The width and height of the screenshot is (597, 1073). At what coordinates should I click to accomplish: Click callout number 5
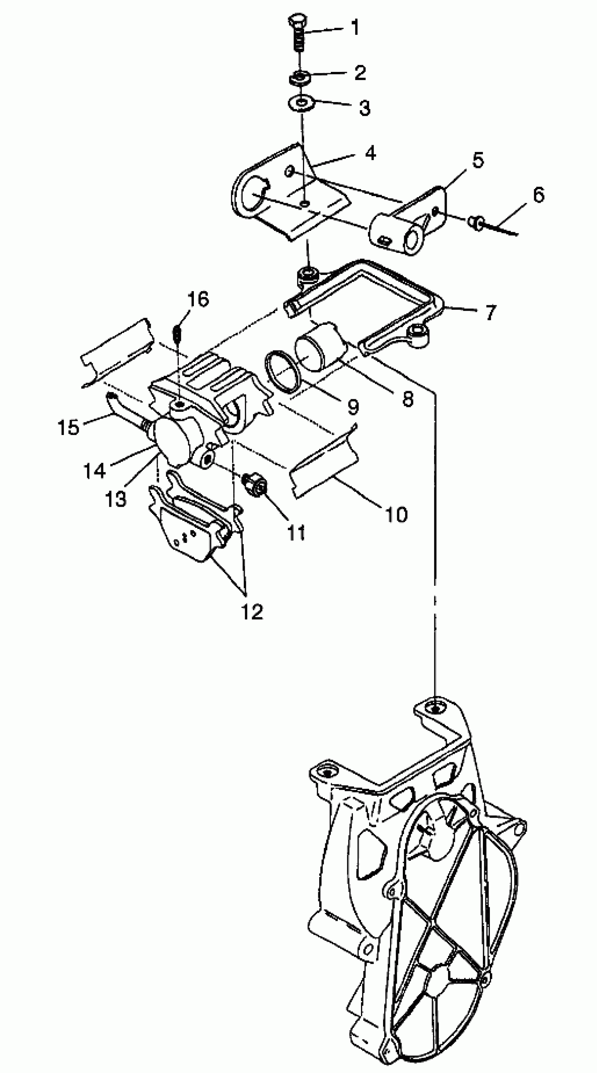(477, 160)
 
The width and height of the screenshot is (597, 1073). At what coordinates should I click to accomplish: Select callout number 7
(490, 311)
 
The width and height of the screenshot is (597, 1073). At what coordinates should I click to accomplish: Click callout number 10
(396, 515)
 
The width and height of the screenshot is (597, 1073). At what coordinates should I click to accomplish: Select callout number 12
(252, 611)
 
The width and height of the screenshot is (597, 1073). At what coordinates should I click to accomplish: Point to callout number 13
(116, 498)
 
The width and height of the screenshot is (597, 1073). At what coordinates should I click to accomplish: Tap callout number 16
(198, 299)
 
